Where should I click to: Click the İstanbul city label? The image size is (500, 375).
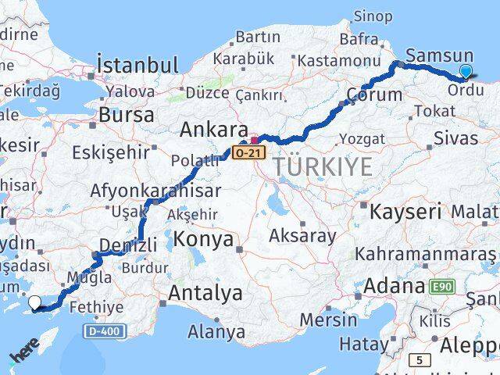point(137,64)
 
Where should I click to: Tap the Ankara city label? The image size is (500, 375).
point(213,129)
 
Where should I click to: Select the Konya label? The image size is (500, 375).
point(204,239)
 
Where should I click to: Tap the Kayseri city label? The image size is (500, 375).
point(406,211)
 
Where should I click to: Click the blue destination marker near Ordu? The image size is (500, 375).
point(466,72)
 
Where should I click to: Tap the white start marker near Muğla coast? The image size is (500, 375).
point(35,303)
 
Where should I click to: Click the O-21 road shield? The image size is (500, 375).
point(246,153)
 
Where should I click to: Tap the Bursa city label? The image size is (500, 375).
point(126,114)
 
